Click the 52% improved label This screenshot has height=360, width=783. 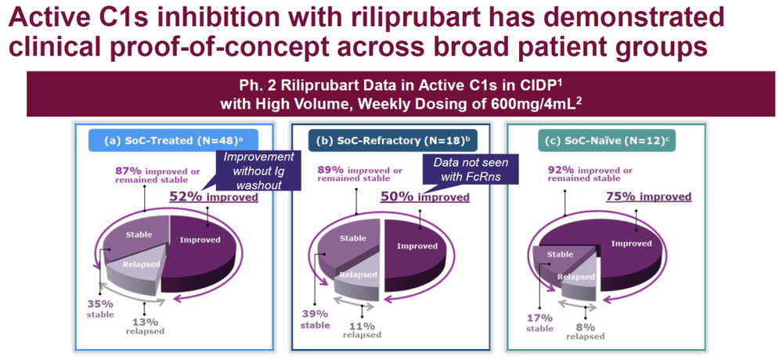click(x=214, y=197)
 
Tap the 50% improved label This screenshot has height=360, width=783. click(x=425, y=197)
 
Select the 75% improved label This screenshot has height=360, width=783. click(x=648, y=196)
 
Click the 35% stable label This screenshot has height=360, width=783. click(x=101, y=308)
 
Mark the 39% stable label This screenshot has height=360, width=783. click(x=316, y=319)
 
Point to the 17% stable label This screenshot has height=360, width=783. click(x=539, y=322)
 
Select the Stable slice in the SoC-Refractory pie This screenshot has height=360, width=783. click(x=349, y=245)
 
